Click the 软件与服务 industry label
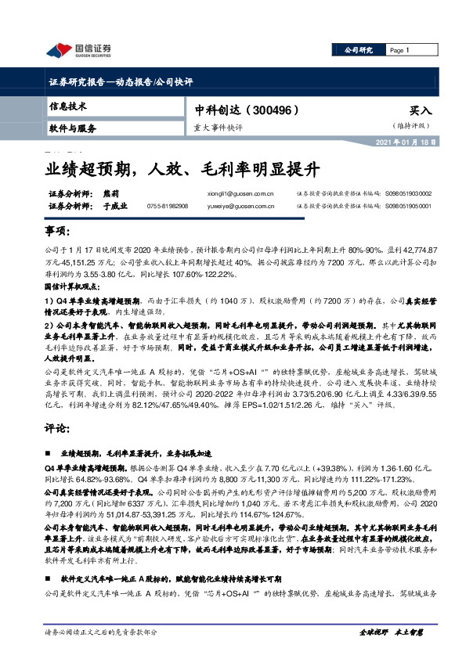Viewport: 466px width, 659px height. [73, 127]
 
